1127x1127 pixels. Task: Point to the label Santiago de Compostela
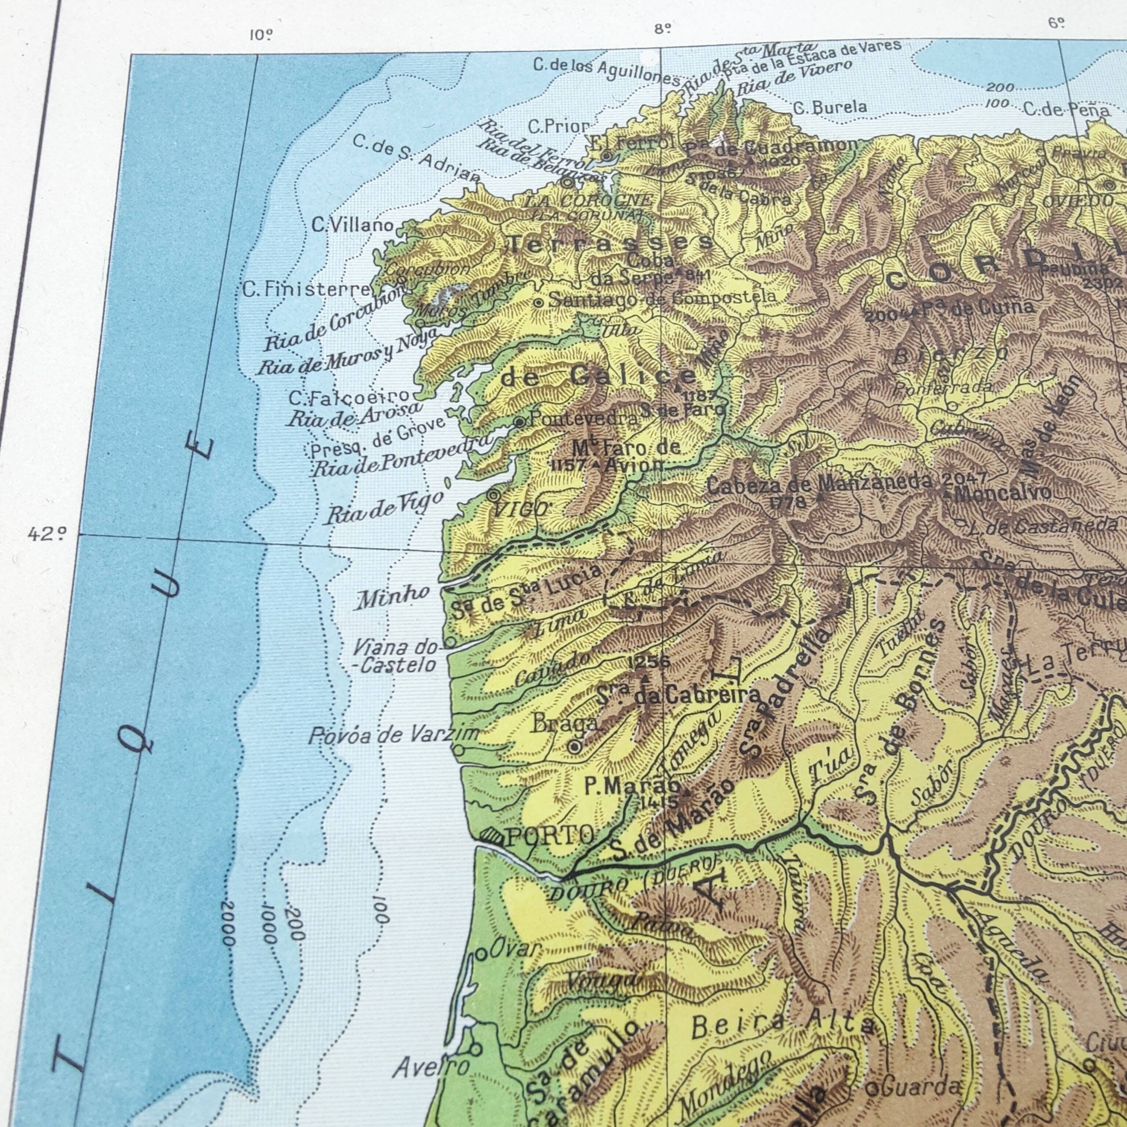click(663, 299)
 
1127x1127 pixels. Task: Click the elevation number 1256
click(649, 661)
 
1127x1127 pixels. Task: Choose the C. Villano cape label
click(352, 225)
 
